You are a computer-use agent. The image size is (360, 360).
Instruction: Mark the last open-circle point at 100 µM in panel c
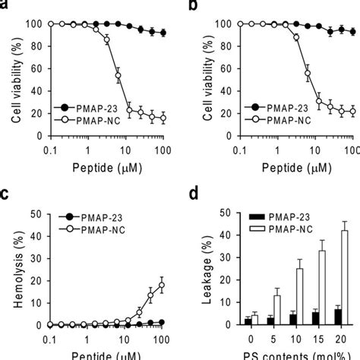[x=162, y=286]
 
